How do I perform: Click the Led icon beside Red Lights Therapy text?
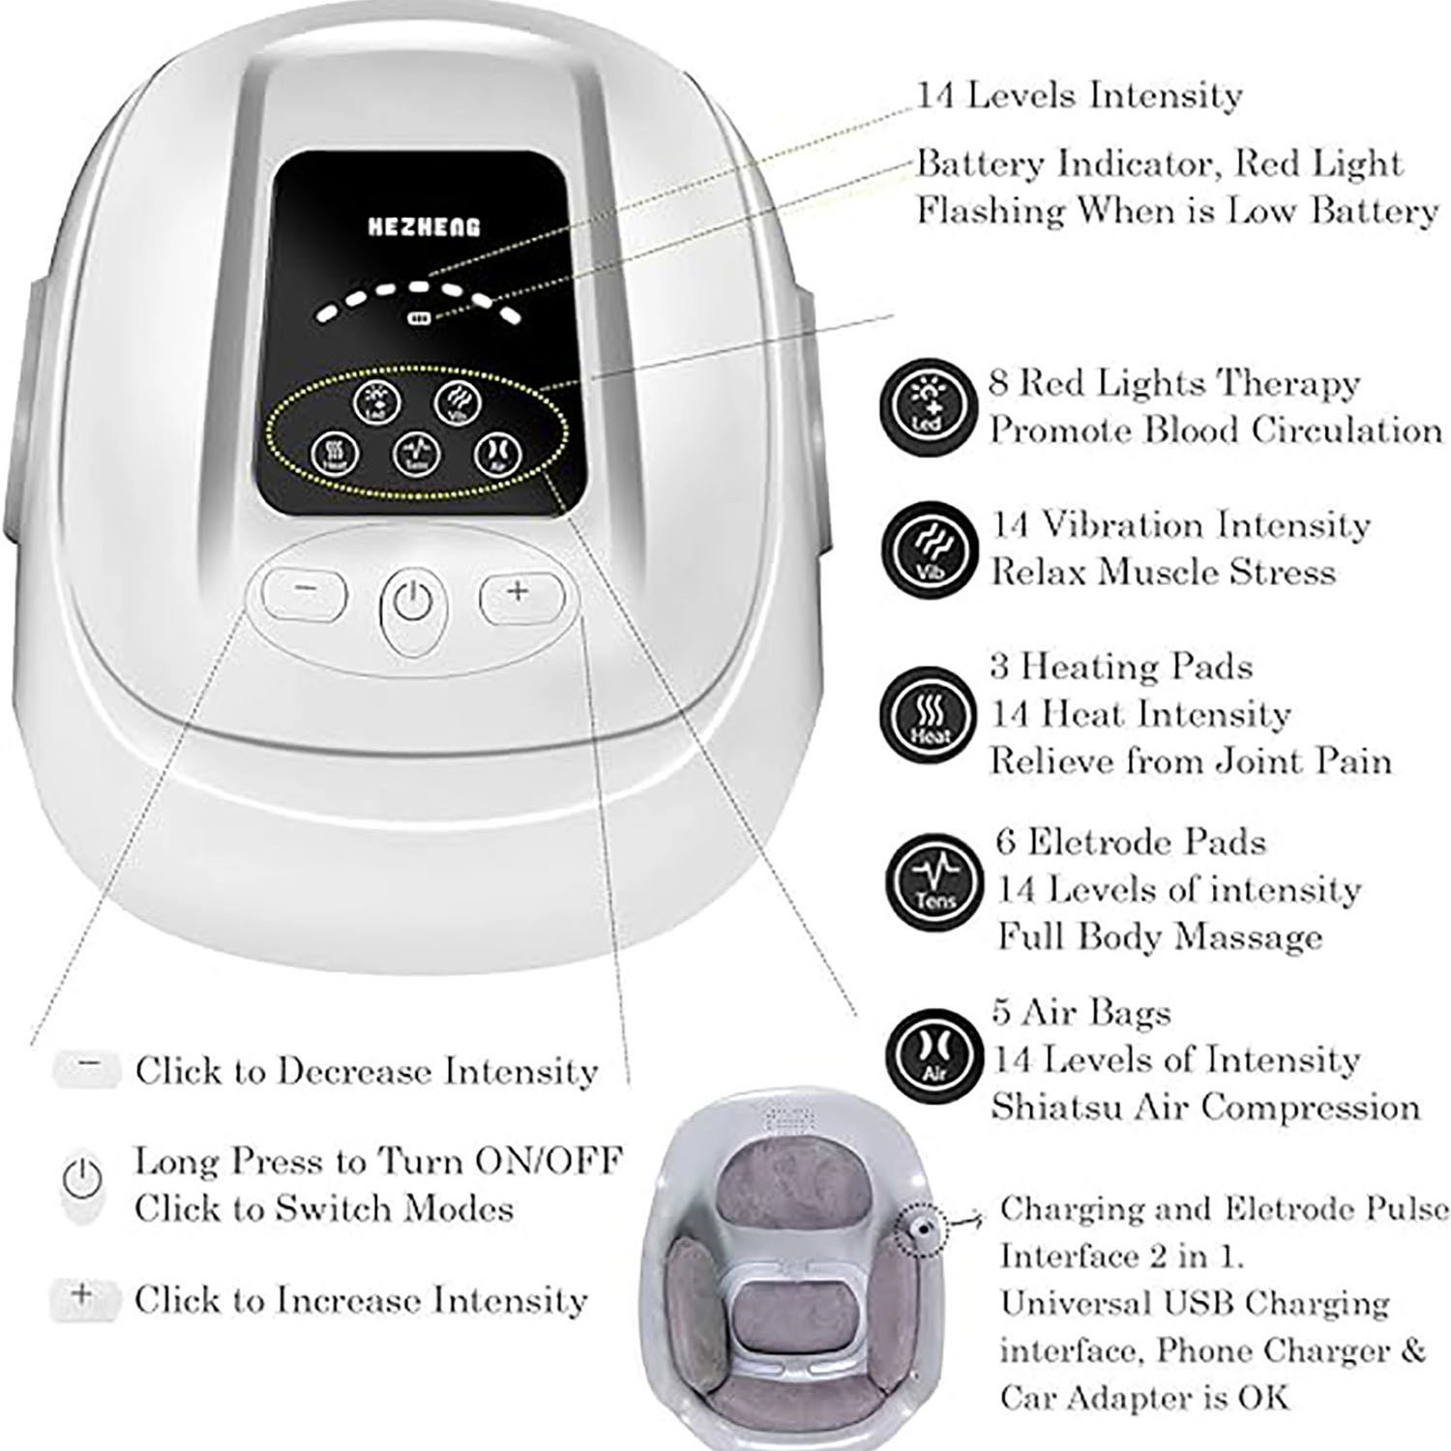tap(926, 404)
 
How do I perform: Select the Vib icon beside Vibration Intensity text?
tap(926, 548)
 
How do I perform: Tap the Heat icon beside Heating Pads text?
tap(926, 715)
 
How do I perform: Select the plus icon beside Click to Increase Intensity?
tap(82, 1294)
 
